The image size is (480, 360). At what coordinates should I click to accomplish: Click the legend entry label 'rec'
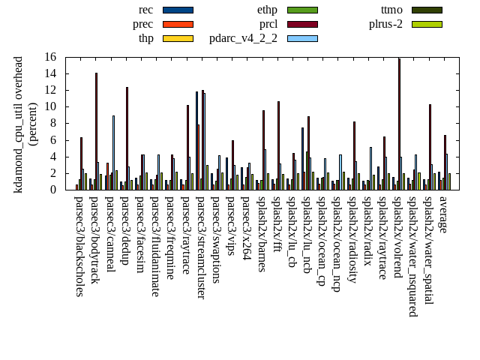[x=146, y=10]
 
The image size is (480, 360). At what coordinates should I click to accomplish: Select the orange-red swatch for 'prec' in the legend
[x=178, y=24]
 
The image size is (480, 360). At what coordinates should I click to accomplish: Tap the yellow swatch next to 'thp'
[x=178, y=38]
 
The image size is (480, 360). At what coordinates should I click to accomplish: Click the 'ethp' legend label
[x=267, y=10]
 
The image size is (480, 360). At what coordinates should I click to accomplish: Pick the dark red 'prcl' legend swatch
[x=302, y=24]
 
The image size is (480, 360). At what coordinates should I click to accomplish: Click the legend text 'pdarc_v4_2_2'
[x=243, y=38]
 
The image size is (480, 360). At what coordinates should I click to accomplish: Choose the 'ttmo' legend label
[x=391, y=10]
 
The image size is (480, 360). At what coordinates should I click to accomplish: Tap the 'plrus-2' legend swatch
[x=427, y=24]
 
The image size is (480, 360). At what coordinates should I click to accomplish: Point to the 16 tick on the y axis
[x=58, y=57]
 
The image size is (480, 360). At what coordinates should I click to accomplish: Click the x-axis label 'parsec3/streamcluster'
[x=201, y=247]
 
